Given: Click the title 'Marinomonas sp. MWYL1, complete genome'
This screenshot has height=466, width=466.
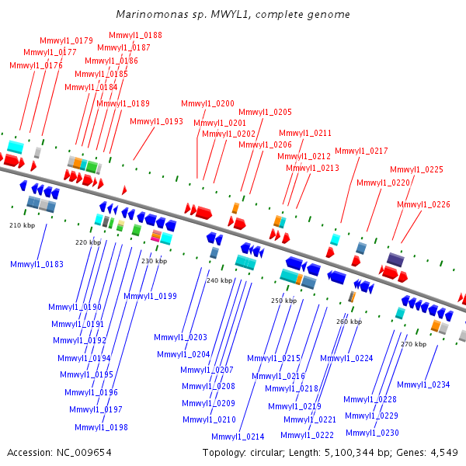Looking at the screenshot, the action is coord(233,14).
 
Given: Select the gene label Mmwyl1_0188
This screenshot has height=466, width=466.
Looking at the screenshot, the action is coord(135,35).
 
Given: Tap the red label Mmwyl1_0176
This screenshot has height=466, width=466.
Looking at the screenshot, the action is coord(36,65).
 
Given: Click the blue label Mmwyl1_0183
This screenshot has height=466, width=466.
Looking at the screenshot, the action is coord(37,264).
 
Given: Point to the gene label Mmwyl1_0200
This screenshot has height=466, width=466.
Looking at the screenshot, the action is coord(207,103).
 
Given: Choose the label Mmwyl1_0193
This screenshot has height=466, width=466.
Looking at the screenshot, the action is coord(156,121).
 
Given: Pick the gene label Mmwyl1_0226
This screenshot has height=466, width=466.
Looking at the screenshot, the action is coord(423,204).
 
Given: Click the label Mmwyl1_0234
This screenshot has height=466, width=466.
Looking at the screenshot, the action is coord(423,384).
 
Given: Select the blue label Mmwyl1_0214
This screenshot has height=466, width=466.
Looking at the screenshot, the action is coord(238,436).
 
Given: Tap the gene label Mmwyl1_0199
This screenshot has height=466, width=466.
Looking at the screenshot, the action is coord(150,296).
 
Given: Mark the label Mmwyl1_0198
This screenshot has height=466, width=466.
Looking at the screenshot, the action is coord(101,427).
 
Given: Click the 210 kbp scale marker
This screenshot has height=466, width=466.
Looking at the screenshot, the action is coord(23,225).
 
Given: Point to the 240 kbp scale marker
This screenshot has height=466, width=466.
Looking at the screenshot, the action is coord(219,280).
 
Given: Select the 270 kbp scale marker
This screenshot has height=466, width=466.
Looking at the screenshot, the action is coord(414,344).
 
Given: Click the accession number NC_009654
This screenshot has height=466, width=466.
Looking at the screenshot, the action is coord(84,453).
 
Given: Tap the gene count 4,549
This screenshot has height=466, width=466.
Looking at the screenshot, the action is coord(444,453).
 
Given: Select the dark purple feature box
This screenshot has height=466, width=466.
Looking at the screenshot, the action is coord(395,259).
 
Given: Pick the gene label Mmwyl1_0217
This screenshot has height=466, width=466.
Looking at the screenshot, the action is coord(361,151).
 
